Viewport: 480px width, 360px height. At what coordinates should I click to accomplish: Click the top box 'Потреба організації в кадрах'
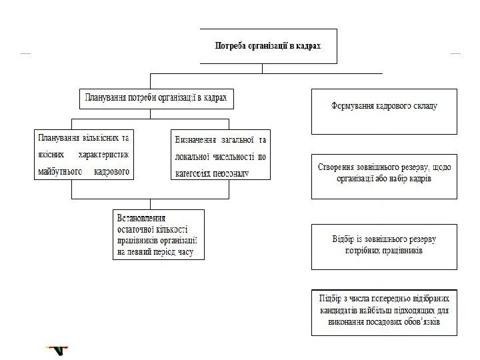point(266,47)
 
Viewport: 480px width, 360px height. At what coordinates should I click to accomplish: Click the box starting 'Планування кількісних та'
point(83,155)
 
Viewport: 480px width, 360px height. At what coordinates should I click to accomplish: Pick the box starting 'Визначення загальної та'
point(221,155)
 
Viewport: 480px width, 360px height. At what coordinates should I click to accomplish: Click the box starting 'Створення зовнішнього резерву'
point(384,177)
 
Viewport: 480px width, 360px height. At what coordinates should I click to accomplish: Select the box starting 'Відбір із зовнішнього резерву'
point(384,246)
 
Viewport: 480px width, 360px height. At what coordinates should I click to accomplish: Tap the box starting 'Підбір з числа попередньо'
point(384,312)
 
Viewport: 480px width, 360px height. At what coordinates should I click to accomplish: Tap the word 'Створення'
point(336,168)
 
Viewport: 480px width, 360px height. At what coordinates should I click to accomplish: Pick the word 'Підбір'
point(331,297)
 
